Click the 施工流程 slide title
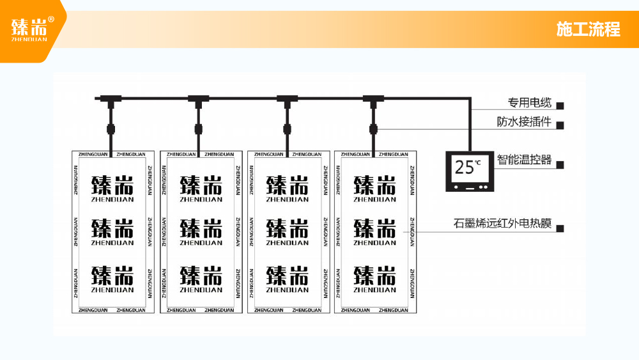pos(588,29)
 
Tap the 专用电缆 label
pos(530,103)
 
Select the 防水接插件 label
pos(524,122)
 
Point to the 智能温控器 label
pos(524,160)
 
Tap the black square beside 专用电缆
pos(560,106)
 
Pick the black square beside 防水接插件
pos(560,125)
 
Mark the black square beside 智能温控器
pos(560,164)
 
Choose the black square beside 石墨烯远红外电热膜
pos(560,228)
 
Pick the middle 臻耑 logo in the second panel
pos(201,231)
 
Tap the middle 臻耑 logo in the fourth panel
pos(375,231)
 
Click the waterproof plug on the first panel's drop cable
pos(110,129)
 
